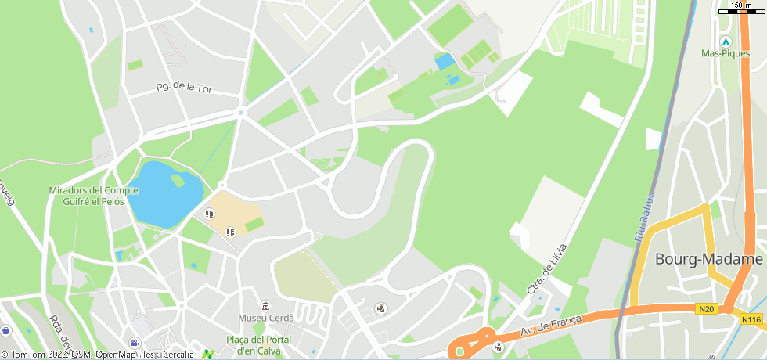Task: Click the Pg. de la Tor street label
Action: (184, 88)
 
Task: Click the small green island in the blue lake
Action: (178, 181)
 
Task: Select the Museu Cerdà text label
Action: (266, 318)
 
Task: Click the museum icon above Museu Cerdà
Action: (266, 305)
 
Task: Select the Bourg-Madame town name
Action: (708, 259)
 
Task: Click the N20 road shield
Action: (707, 309)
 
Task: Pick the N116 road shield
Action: (751, 319)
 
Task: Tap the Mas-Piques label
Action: (725, 54)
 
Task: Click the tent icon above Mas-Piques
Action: (725, 41)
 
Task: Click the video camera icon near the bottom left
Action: (135, 343)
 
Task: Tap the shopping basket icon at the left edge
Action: (6, 331)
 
